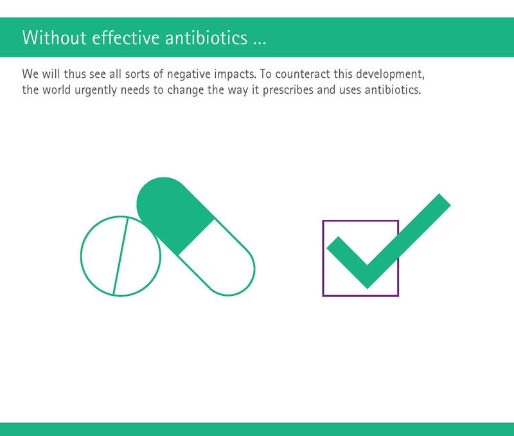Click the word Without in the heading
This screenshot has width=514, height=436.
(x=55, y=37)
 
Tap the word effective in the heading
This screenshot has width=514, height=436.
(x=126, y=37)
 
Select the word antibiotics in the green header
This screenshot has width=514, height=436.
(x=206, y=37)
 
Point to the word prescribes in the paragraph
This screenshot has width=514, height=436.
(x=288, y=90)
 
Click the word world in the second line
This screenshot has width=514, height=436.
(x=57, y=89)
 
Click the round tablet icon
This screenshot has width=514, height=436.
(x=121, y=256)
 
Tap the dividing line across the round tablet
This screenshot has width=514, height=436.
(x=120, y=256)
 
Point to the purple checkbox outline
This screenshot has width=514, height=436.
(x=323, y=259)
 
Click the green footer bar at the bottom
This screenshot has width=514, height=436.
(x=257, y=429)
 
